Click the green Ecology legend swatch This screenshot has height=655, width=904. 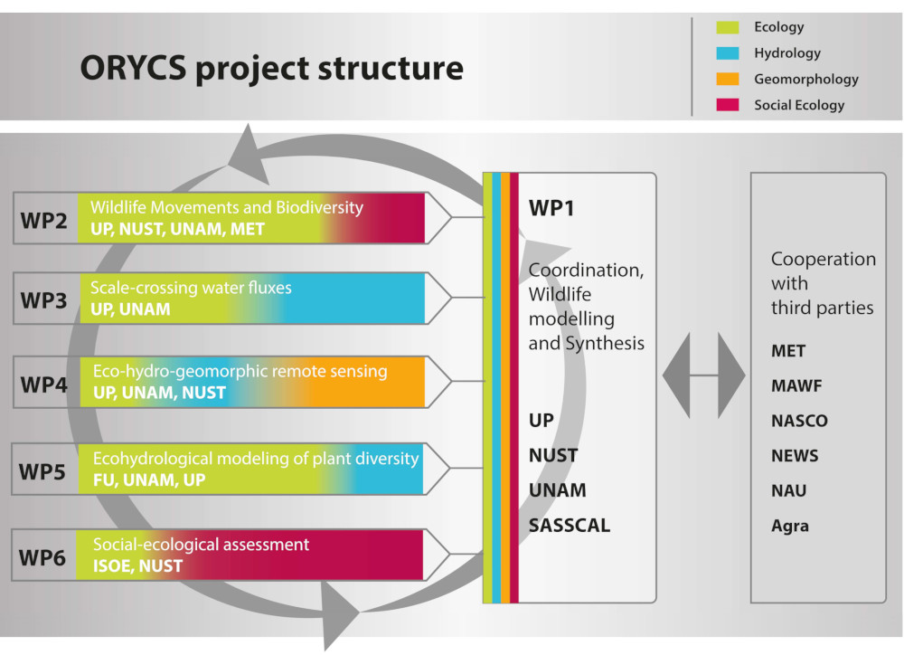click(x=727, y=27)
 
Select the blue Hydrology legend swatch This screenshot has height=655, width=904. click(x=727, y=53)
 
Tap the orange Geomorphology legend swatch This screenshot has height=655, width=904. click(x=727, y=80)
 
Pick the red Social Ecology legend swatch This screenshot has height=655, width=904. click(x=727, y=105)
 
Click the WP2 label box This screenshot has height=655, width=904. click(x=44, y=219)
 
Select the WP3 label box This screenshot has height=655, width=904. click(x=44, y=299)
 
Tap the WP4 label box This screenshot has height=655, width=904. click(x=44, y=384)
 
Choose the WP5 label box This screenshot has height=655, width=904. click(x=44, y=470)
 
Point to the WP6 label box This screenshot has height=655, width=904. click(x=44, y=555)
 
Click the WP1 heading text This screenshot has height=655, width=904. click(x=551, y=209)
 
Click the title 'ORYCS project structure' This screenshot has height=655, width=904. click(x=271, y=68)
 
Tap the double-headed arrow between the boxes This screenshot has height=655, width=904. click(x=704, y=374)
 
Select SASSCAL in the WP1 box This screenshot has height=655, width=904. click(x=570, y=526)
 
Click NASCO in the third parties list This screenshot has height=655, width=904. click(x=799, y=422)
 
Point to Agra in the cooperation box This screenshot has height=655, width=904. click(x=789, y=526)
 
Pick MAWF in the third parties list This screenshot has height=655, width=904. click(x=796, y=386)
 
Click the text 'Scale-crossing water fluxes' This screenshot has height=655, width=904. click(x=191, y=289)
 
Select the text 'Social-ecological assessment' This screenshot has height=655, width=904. click(x=201, y=545)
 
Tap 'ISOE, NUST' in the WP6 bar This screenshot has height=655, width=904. click(x=137, y=566)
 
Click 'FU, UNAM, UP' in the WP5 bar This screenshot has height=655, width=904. click(x=149, y=479)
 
